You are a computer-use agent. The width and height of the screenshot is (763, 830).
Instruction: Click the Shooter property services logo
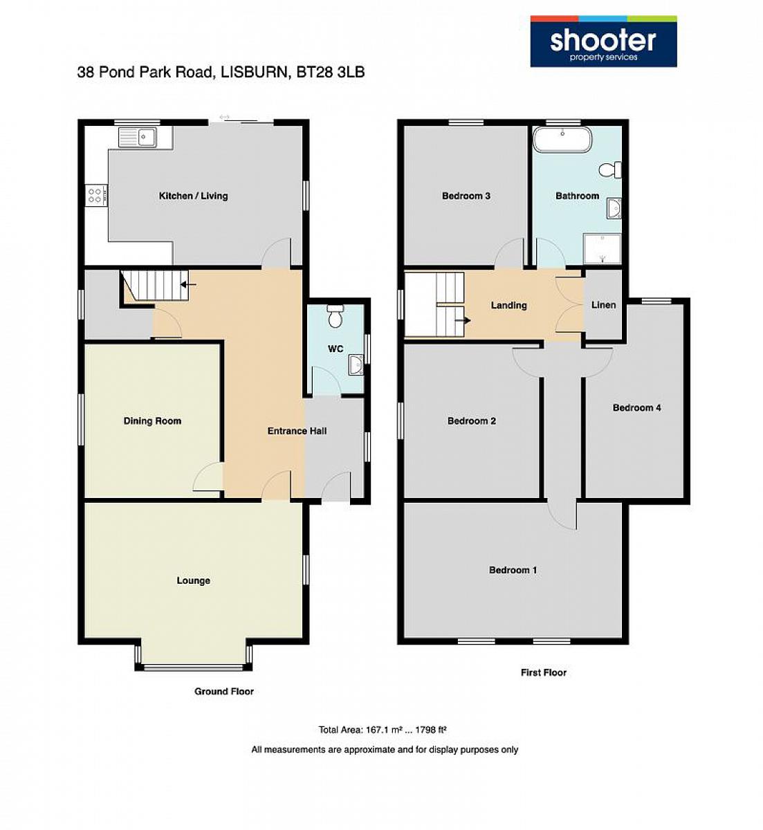pos(603,41)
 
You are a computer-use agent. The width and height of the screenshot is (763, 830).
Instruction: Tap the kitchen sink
pos(137,137)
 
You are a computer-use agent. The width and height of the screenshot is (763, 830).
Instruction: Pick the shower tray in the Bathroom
pos(602,248)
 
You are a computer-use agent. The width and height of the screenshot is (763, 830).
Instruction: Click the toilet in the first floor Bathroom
pos(610,169)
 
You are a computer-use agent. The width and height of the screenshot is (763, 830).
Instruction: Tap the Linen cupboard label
pos(603,305)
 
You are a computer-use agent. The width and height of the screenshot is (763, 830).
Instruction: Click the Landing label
pos(508,305)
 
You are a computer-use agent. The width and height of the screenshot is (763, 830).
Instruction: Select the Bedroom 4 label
pos(636,407)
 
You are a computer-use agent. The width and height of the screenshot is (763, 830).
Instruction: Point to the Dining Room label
pos(152,421)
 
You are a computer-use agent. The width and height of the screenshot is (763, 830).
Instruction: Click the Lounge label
pos(193,580)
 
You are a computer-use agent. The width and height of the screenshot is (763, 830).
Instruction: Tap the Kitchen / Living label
pos(193,196)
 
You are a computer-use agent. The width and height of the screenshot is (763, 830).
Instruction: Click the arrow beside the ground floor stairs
pos(189,284)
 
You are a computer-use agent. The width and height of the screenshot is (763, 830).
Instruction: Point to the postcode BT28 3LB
pos(331,72)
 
